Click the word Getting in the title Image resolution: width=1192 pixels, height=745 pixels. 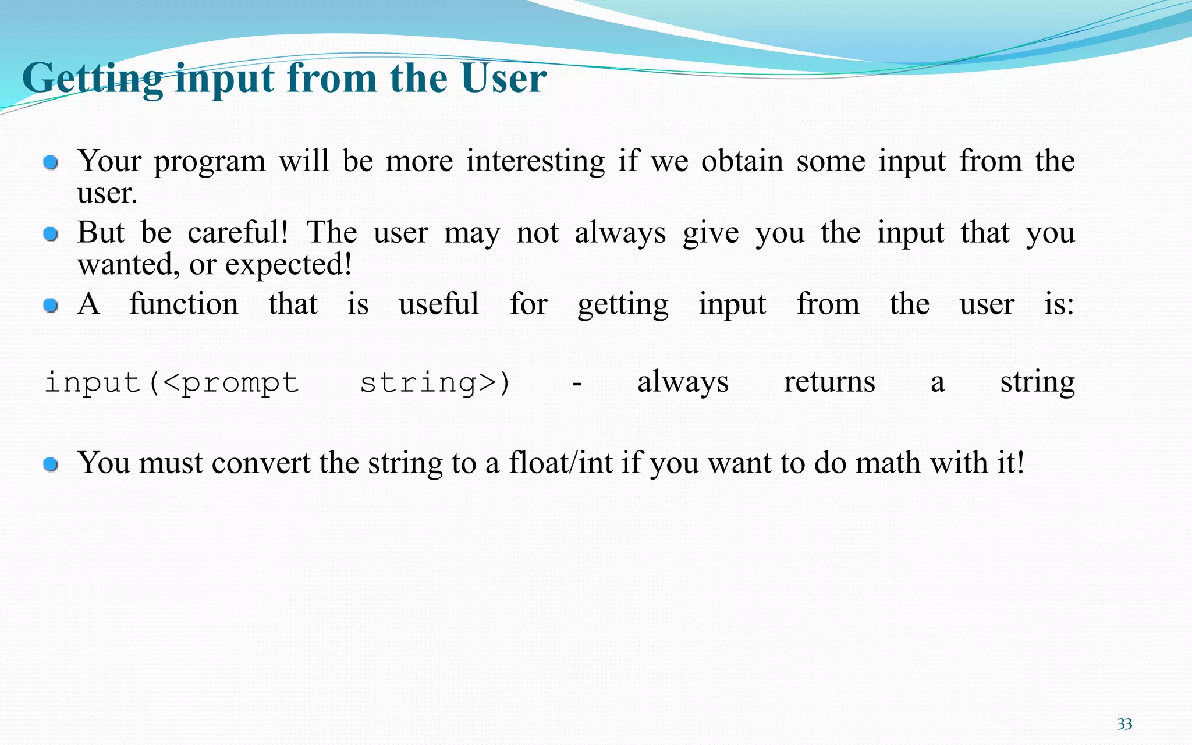[x=93, y=78]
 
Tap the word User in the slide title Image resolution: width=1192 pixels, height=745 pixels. [x=503, y=78]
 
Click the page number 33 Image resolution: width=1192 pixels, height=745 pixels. [x=1124, y=724]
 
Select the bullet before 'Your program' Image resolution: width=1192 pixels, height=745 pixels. [x=51, y=162]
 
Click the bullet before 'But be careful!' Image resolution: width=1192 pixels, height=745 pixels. [x=51, y=234]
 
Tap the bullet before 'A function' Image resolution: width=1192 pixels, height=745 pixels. [x=51, y=306]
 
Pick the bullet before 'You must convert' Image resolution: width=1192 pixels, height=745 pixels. [x=51, y=464]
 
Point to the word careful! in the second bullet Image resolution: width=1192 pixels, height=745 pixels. [x=237, y=233]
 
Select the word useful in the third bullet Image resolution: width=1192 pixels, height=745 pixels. [x=438, y=304]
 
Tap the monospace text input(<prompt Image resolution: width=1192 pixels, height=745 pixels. [x=172, y=383]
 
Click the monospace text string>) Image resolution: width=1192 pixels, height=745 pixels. [x=435, y=383]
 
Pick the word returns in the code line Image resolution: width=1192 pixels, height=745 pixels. [x=829, y=382]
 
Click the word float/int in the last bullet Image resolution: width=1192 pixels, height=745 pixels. [x=560, y=463]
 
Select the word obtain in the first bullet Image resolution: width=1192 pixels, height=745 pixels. [x=742, y=161]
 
